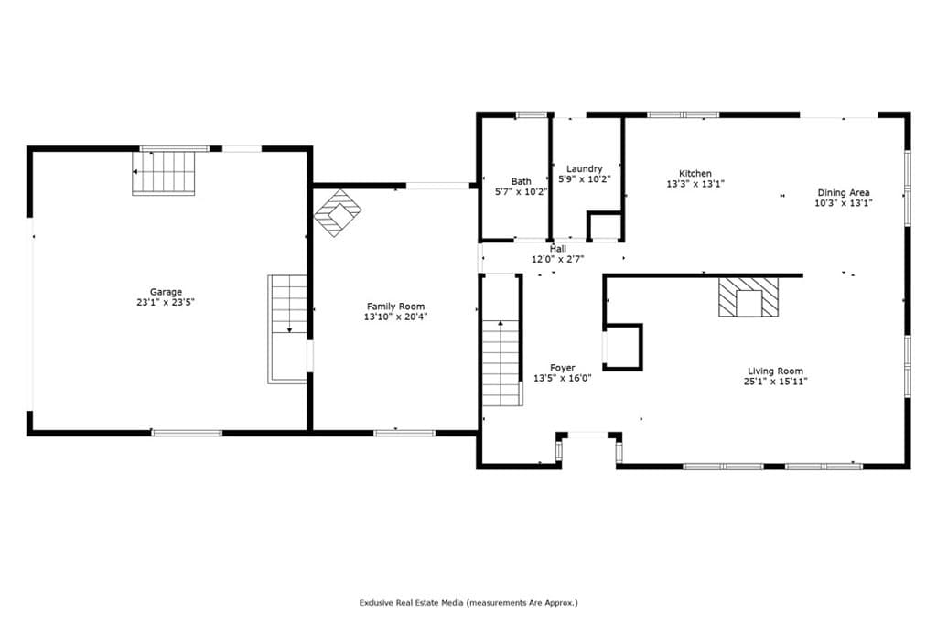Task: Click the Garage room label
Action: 167,292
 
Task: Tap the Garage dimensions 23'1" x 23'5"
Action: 167,302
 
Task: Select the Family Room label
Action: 395,307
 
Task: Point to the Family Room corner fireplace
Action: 338,212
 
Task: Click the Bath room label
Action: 521,181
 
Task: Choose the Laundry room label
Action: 584,168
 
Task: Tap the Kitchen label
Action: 695,173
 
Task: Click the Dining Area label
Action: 843,192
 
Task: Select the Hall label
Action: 557,249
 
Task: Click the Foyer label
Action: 563,368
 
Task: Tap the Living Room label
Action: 775,371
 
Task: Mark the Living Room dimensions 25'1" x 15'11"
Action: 775,382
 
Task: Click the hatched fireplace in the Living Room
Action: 749,297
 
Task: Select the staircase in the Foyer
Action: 501,362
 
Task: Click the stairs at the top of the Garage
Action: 165,173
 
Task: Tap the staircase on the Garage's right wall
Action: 288,328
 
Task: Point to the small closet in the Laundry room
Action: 603,226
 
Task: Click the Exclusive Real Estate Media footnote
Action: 468,603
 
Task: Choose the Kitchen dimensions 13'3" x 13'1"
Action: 695,183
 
